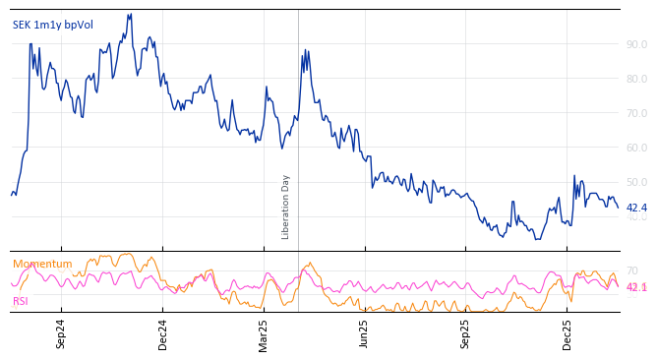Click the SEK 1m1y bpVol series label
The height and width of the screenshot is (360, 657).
53,25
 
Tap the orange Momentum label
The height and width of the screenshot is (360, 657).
42,264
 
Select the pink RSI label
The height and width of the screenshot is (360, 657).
21,301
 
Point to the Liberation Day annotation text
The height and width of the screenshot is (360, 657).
286,207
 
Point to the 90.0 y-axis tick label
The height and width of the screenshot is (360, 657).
636,44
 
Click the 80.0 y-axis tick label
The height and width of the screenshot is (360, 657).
636,79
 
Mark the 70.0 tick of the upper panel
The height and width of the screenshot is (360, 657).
636,113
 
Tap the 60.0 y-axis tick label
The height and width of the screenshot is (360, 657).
636,148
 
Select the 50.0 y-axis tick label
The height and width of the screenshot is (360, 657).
636,182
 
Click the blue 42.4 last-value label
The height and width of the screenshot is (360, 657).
636,208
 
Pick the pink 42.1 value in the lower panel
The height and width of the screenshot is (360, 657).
636,287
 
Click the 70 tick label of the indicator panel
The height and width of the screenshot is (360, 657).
632,270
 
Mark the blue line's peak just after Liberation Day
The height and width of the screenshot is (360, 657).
305,50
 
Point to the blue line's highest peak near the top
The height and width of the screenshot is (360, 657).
130,15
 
